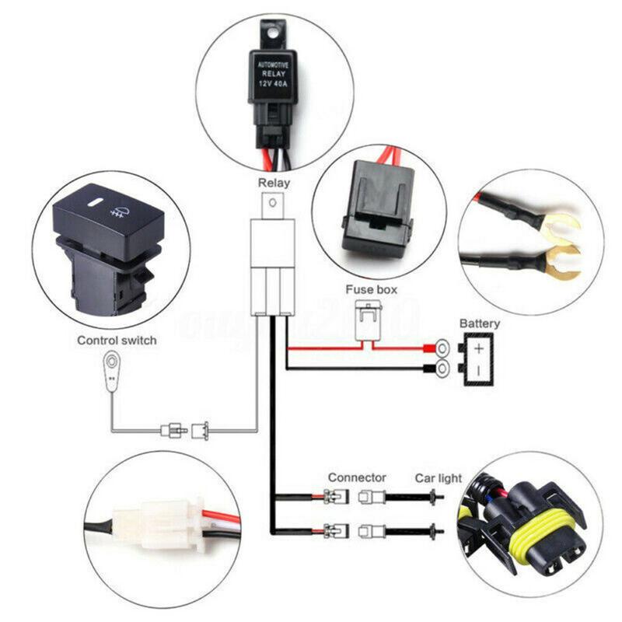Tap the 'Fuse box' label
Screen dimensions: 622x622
point(371,289)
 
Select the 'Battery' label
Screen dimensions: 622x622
point(480,323)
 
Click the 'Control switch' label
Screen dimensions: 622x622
point(117,341)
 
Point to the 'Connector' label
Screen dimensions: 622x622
point(357,477)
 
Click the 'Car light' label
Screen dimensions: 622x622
point(438,477)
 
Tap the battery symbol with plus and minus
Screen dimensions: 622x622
point(479,358)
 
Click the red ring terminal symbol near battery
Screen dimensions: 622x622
point(442,348)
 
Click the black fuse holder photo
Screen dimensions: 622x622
point(377,205)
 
